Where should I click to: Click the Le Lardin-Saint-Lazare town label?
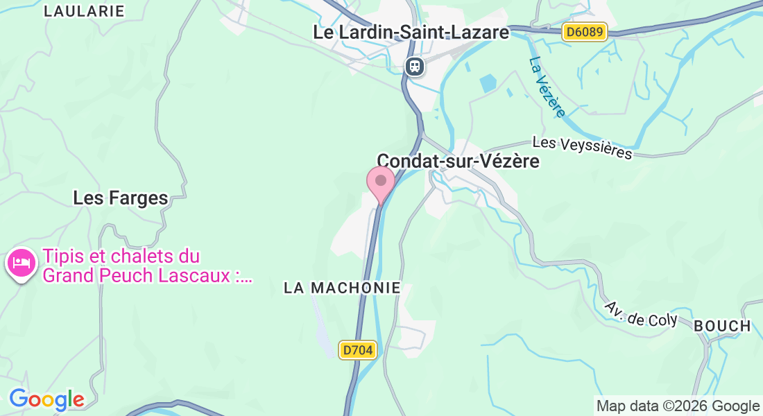tap(411, 32)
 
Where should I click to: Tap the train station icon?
tap(415, 66)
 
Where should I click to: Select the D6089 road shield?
tap(584, 32)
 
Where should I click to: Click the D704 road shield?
tap(358, 350)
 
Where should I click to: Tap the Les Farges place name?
tap(121, 198)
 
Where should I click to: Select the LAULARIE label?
tap(84, 11)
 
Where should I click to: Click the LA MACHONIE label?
tap(342, 288)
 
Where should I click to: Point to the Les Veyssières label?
tap(583, 147)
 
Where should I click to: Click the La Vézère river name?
tap(547, 87)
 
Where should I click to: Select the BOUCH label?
tap(722, 326)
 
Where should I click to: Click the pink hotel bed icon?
tap(22, 263)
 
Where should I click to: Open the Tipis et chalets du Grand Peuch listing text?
tap(121, 257)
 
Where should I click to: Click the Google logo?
tap(46, 400)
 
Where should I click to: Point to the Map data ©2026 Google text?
tap(678, 406)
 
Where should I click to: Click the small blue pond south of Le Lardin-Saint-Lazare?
tap(488, 84)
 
